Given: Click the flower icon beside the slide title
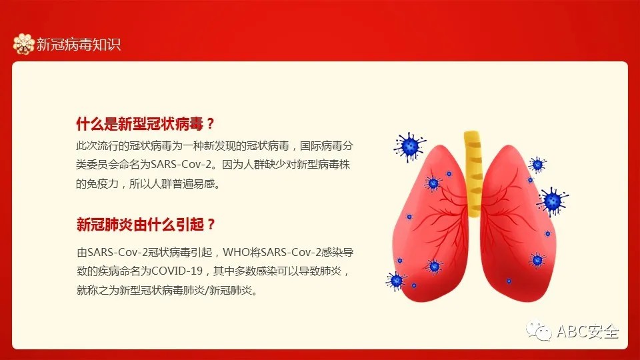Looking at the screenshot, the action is (23, 44).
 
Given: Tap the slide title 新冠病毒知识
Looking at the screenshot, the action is (79, 44).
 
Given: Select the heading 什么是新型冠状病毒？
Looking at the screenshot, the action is (145, 124).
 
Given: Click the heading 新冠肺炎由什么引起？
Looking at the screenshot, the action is (145, 224).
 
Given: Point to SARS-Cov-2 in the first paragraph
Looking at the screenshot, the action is (181, 165).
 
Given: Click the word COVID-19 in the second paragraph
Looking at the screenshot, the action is (177, 271).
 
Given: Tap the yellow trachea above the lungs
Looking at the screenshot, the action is (473, 174).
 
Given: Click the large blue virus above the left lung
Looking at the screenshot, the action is (410, 146).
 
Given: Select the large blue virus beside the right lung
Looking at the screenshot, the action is (553, 201).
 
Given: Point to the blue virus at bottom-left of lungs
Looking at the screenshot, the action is (395, 281).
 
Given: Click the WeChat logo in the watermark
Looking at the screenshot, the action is (539, 330).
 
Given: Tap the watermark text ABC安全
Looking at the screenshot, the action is (588, 331).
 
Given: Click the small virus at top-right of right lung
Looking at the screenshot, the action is (537, 165).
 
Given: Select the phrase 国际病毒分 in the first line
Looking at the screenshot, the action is (327, 146).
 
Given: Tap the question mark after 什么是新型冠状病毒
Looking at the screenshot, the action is (211, 124).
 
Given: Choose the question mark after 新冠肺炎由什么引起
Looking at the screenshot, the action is (211, 224).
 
